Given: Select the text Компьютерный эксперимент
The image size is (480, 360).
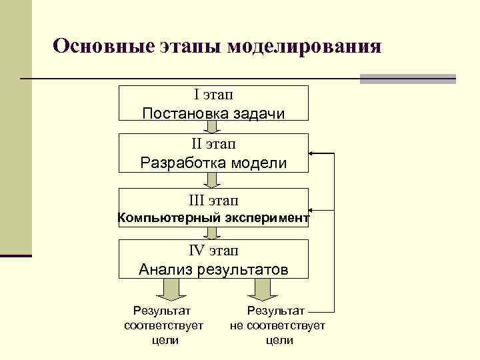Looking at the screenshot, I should [x=213, y=217].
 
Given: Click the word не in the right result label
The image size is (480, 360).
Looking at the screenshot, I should [x=237, y=325].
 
